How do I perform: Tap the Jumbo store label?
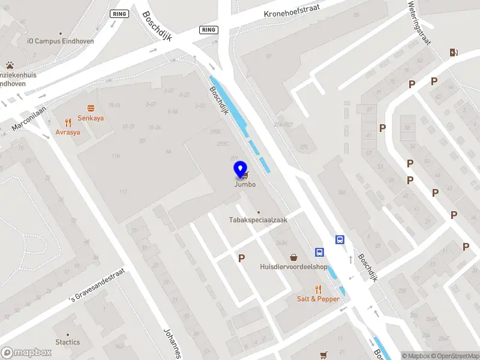pos(245,184)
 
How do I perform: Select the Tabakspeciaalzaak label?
pos(258,220)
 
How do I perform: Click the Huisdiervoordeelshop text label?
pos(293,266)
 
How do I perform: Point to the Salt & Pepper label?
pos(318,299)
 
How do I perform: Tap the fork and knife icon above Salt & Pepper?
pos(318,289)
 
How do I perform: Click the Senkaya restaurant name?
pos(91,118)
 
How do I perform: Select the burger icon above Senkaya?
pos(91,108)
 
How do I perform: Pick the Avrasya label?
pos(68,132)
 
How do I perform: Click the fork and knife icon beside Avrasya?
pos(68,122)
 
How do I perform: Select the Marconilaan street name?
pos(28,121)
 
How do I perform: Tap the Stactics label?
pos(68,342)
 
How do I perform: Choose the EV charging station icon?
pos(454,52)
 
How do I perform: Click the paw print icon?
pos(10,64)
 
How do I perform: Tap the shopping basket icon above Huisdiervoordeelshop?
pos(293,257)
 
